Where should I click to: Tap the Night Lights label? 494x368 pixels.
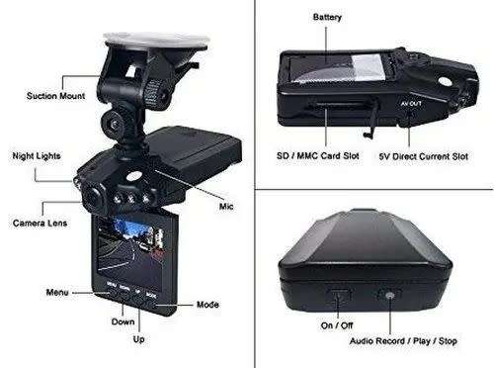(36, 155)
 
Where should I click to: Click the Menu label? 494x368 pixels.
(57, 293)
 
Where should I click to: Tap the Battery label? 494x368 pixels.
(327, 18)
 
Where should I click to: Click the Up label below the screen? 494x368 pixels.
(139, 339)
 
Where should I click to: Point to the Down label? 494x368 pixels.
(123, 322)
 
